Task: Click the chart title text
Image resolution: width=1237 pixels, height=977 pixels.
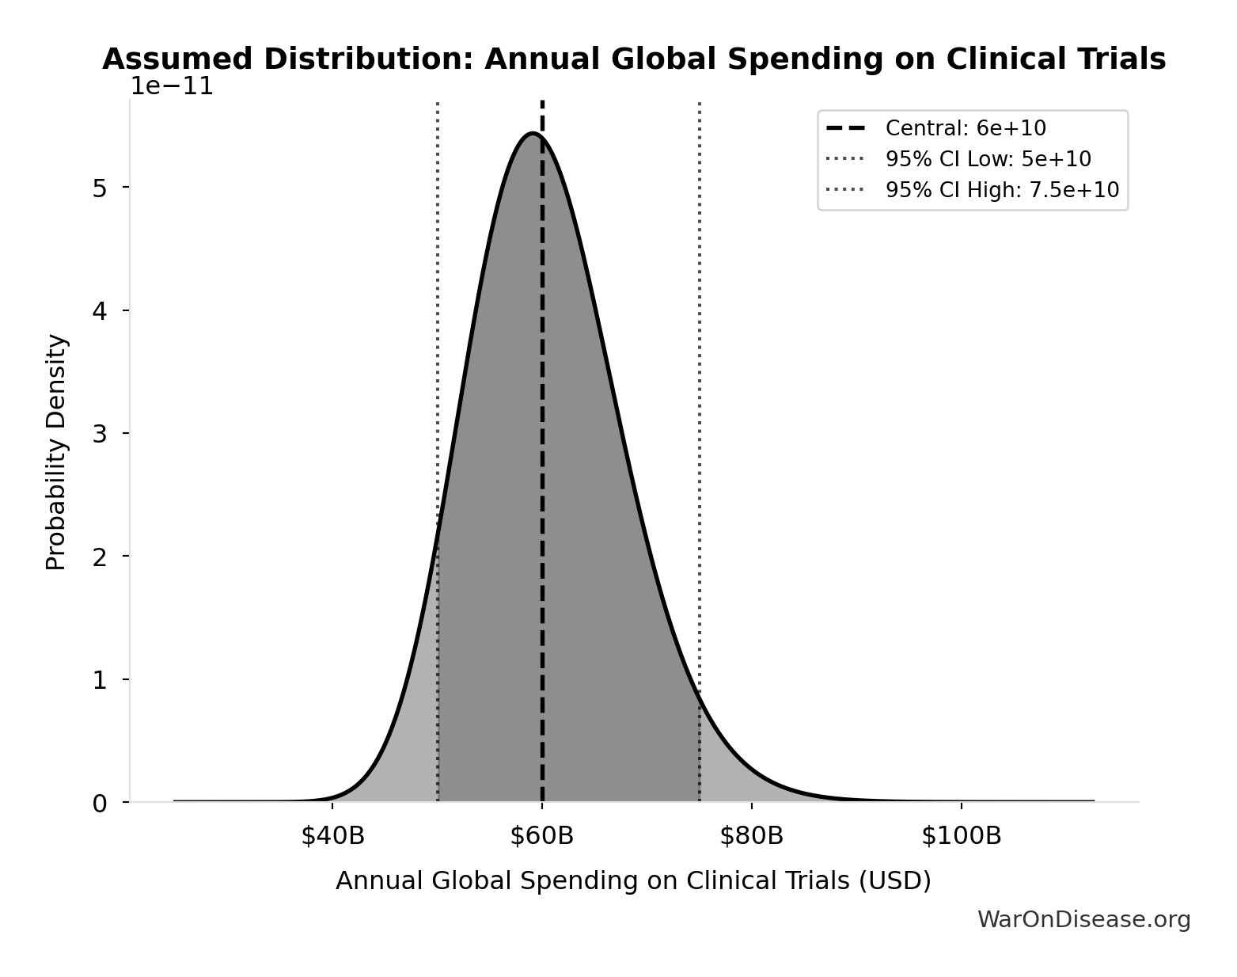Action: [x=633, y=59]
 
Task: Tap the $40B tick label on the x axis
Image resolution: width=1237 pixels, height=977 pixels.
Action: [x=332, y=836]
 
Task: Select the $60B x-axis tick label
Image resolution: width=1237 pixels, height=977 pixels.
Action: [x=542, y=836]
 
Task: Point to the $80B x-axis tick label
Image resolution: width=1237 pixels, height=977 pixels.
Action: [x=751, y=836]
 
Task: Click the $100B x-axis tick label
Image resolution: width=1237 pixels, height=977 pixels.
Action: [x=961, y=836]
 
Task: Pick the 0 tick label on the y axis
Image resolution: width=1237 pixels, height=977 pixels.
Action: [x=100, y=804]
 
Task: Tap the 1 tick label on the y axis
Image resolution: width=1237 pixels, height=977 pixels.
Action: [x=100, y=680]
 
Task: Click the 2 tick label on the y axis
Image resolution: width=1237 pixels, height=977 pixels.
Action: [x=100, y=557]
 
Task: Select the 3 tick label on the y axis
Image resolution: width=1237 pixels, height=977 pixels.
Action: [x=100, y=434]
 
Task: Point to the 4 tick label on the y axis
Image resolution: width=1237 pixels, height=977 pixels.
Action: [x=100, y=311]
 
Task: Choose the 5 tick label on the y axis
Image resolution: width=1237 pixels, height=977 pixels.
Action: [x=100, y=188]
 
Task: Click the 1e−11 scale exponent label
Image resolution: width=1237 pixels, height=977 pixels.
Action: [x=172, y=86]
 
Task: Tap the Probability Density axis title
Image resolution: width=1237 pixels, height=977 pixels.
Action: [x=56, y=452]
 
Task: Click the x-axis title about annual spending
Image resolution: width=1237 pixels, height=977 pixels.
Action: [x=633, y=881]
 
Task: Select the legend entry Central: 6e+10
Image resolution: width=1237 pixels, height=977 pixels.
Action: [x=965, y=128]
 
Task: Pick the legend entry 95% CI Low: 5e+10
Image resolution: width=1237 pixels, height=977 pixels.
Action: [x=988, y=159]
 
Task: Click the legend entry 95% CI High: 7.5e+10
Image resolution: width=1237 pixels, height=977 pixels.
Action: [x=1001, y=190]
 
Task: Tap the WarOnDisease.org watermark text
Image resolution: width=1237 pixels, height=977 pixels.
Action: [x=1083, y=919]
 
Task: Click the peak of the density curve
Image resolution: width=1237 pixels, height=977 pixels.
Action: [x=533, y=134]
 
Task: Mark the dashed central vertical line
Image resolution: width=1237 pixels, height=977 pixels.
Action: [x=542, y=475]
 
